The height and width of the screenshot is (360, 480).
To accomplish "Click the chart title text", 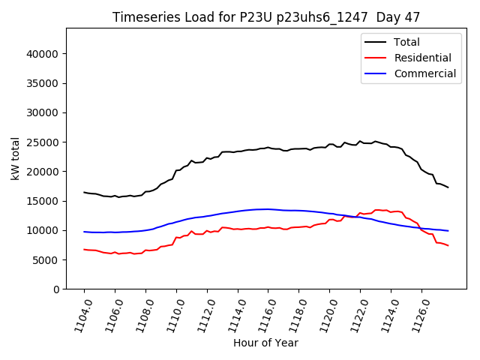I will [x=266, y=17].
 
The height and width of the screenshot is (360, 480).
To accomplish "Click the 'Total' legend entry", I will [x=406, y=42].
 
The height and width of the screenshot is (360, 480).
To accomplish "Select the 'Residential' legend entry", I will [x=422, y=58].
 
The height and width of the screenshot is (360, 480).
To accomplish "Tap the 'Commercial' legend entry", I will [x=424, y=73].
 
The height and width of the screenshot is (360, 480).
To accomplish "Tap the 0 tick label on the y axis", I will [x=56, y=289].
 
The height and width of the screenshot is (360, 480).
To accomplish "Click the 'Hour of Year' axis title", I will [x=265, y=343].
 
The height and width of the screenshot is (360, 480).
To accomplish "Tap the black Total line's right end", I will [x=448, y=187].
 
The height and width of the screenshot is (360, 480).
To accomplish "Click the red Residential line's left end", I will [x=84, y=249].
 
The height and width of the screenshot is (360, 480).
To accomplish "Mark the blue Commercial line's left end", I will [x=84, y=232].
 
